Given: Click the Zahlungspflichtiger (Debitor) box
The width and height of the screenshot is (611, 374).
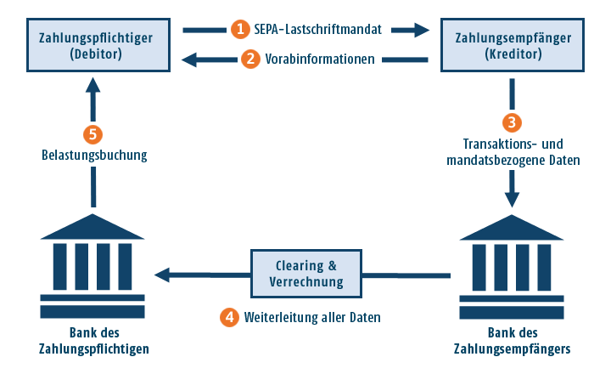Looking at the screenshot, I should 92,45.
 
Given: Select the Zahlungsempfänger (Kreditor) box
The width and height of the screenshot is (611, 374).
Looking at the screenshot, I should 513,45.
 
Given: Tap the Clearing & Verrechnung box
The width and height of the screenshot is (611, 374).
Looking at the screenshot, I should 305,273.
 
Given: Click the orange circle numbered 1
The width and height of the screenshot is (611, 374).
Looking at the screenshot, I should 240,29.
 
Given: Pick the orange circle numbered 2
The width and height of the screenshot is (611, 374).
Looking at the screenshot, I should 249,59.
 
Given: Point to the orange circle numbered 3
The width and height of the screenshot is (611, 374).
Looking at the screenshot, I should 512,122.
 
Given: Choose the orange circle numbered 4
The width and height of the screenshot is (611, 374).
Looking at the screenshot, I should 229,317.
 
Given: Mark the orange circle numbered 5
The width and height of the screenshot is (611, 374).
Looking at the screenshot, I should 93,133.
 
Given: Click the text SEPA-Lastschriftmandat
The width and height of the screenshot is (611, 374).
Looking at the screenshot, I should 317,29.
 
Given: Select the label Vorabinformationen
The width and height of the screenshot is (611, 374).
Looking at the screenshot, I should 320,59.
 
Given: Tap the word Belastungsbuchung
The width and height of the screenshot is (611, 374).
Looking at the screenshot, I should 94,156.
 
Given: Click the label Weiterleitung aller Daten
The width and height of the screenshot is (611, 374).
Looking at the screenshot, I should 311,317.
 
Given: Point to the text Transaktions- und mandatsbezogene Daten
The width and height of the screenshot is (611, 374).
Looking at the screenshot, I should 513,151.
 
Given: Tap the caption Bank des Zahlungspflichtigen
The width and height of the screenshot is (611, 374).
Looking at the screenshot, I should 93,341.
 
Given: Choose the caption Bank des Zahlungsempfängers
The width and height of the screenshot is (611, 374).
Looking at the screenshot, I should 512,341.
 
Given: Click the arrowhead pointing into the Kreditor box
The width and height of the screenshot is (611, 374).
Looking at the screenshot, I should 421,30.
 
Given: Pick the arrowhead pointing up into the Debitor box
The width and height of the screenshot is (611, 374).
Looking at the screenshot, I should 93,88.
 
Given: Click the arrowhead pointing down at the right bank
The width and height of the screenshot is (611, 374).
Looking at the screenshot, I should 512,201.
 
